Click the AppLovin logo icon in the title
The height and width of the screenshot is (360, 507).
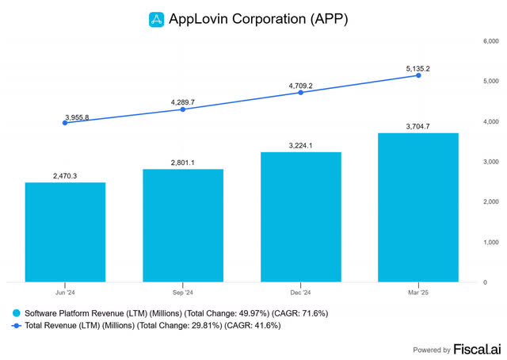(156, 18)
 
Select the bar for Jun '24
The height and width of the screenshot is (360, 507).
(65, 232)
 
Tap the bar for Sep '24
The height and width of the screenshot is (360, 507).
(183, 225)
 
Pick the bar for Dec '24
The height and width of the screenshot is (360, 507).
(301, 216)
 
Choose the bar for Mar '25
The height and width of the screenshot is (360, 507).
(418, 207)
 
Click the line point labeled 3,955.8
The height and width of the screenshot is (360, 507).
(65, 123)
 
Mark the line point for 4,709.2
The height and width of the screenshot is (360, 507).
(301, 92)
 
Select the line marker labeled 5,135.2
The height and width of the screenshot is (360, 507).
(418, 75)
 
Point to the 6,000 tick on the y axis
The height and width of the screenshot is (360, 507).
(491, 40)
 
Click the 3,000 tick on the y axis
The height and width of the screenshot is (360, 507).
(491, 161)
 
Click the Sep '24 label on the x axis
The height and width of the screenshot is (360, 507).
(183, 290)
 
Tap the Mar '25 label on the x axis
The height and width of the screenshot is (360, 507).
(418, 290)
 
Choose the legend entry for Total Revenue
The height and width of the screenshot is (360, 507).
(151, 325)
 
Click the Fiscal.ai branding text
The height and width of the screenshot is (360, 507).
(475, 349)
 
